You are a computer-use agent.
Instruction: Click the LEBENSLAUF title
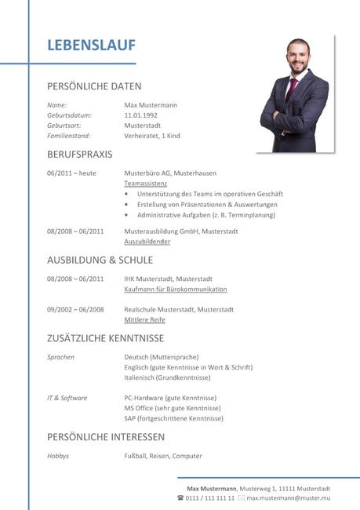point(91,46)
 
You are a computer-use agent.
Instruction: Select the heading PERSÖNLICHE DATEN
point(94,86)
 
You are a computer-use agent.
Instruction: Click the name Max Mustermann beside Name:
point(151,105)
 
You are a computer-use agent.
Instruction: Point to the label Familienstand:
point(71,136)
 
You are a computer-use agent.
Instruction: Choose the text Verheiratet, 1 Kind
point(152,136)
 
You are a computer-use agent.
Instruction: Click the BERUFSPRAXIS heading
point(79,155)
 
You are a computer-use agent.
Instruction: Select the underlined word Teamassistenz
point(146,183)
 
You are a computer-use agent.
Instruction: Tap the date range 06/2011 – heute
point(71,173)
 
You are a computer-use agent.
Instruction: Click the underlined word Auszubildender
point(147,242)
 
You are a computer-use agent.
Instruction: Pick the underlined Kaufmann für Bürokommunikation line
point(175,289)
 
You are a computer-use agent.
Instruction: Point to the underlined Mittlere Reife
point(144,320)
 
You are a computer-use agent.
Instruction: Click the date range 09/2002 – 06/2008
point(75,309)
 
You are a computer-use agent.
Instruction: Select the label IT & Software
point(67,398)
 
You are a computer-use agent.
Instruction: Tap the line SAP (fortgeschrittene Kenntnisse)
point(173,418)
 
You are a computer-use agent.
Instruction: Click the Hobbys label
point(58,456)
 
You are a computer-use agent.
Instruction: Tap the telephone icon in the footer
point(180,498)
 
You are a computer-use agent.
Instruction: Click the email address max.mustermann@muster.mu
point(288,498)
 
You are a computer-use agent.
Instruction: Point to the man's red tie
point(291,89)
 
